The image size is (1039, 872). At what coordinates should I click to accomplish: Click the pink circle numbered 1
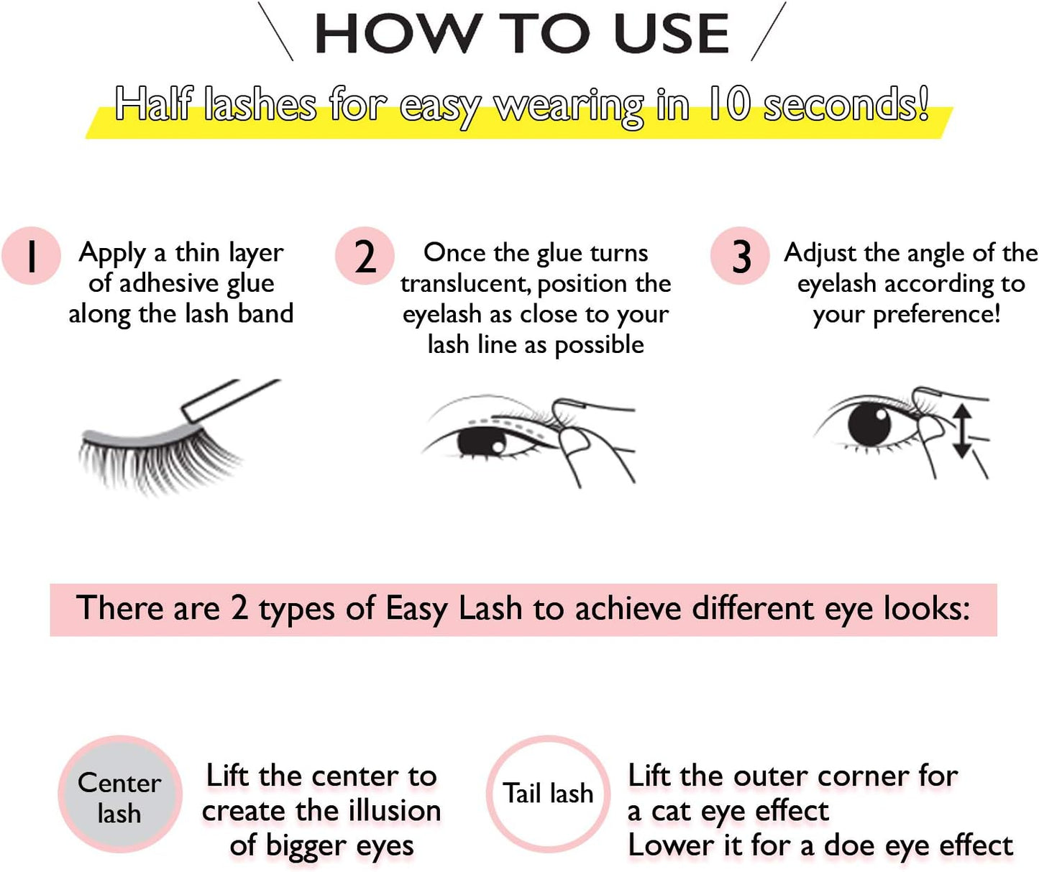[x=32, y=256]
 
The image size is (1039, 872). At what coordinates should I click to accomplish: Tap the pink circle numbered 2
[x=365, y=256]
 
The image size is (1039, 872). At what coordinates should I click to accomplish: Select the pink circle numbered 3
[x=740, y=256]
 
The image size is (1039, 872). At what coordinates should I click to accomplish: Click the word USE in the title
[x=672, y=34]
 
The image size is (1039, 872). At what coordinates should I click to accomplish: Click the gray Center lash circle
[x=120, y=794]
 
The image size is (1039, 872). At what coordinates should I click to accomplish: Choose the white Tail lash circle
[x=548, y=794]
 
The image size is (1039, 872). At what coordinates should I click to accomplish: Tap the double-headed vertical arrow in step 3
[x=962, y=431]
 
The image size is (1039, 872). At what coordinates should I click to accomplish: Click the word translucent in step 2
[x=466, y=285]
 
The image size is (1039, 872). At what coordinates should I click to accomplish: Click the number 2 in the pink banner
[x=239, y=608]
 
